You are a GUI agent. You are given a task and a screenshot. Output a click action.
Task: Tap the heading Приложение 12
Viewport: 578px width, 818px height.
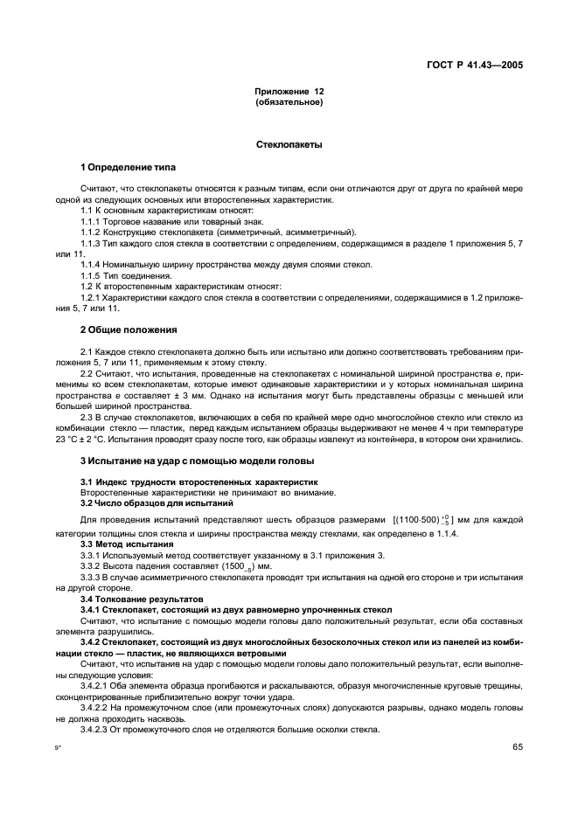tap(289, 92)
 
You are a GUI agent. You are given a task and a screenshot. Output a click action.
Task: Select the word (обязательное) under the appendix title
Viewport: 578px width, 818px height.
tap(289, 102)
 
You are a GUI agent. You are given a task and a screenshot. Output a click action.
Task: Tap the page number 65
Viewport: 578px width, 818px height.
tap(517, 747)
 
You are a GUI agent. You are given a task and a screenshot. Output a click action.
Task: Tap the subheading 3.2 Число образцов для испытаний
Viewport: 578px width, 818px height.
tap(144, 503)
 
